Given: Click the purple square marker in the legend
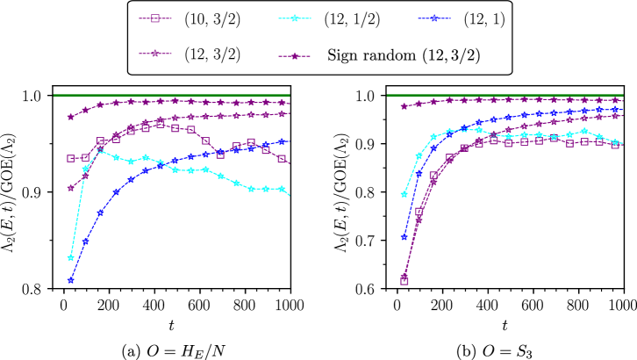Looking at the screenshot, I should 155,18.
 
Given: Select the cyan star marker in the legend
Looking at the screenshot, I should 295,18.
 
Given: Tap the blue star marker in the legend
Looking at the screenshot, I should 434,18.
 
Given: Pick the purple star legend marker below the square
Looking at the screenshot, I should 155,54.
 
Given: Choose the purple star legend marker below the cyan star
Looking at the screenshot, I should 295,56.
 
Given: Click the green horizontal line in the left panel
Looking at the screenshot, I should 171,94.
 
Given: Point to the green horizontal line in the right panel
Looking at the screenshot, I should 505,94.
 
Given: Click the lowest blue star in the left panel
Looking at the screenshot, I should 71,280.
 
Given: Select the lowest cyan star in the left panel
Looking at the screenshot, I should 71,258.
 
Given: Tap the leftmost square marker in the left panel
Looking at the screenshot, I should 71,159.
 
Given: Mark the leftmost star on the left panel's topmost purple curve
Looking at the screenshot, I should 71,117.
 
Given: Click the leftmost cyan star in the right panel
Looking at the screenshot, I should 404,194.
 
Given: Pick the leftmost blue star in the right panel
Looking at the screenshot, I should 404,237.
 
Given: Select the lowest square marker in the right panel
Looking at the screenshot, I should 404,281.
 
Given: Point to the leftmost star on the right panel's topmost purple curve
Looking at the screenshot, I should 404,106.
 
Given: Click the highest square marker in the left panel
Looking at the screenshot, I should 161,125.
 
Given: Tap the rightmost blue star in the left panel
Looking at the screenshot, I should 282,141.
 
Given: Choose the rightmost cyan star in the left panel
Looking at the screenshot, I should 282,189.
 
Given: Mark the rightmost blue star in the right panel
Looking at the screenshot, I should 615,110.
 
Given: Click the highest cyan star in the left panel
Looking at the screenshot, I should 101,150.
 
